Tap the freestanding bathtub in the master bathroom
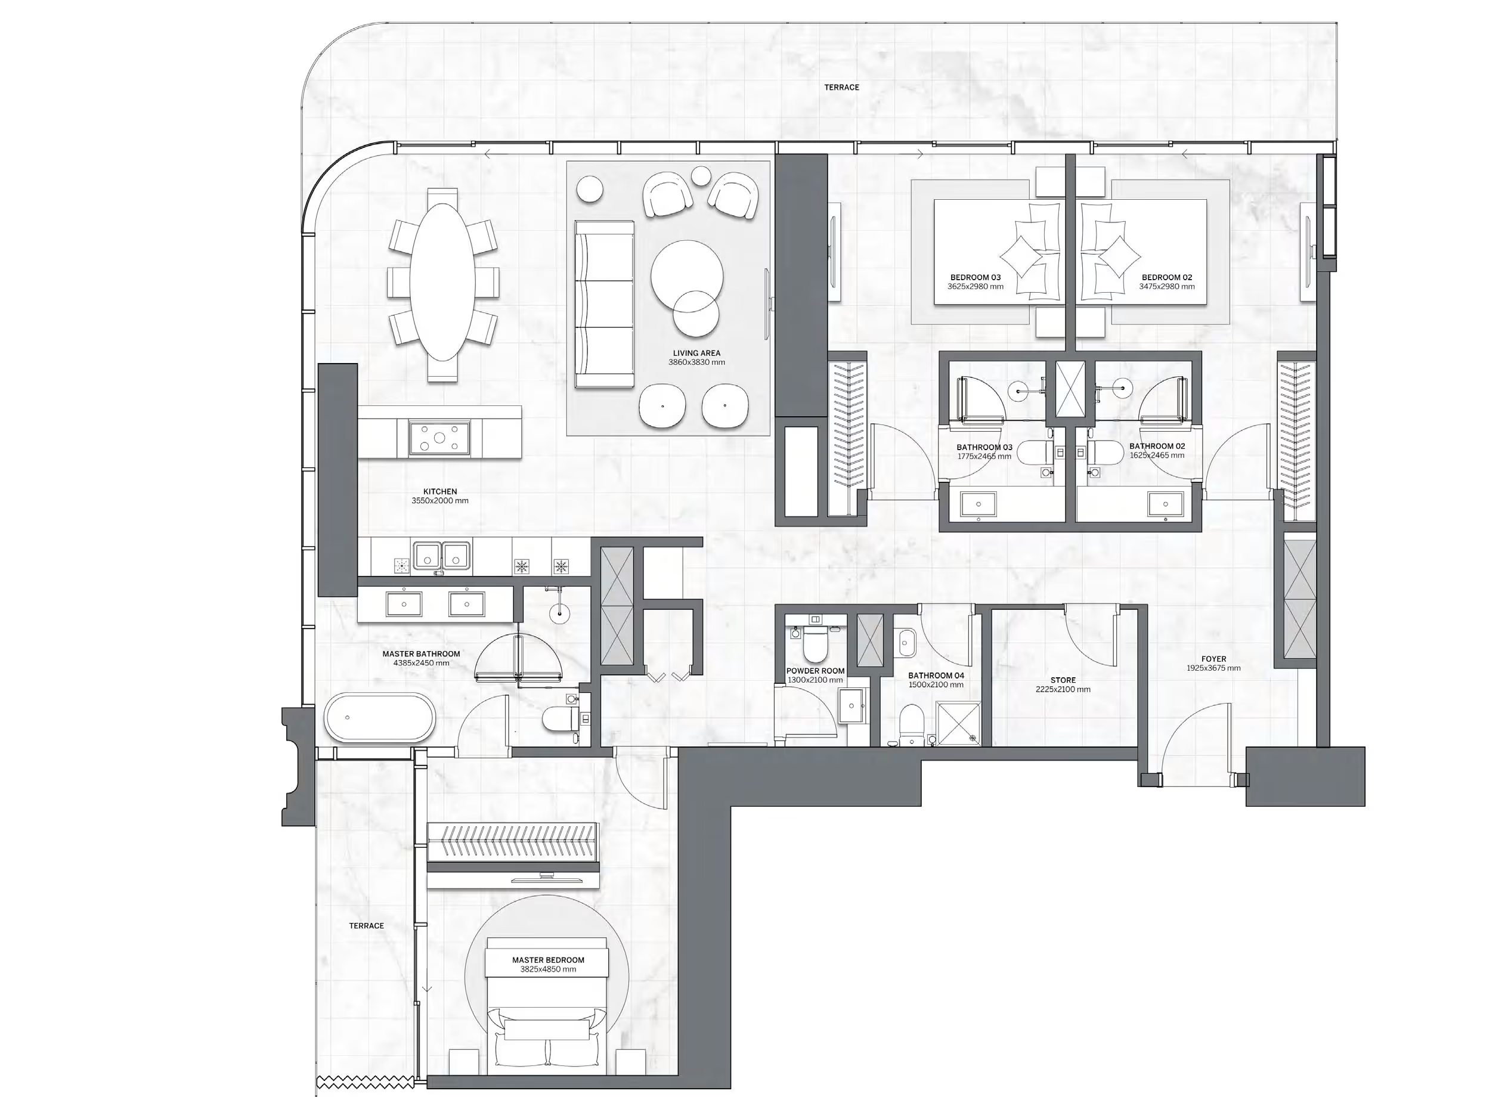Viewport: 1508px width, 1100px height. pos(379,718)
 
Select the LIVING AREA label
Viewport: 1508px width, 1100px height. pos(696,353)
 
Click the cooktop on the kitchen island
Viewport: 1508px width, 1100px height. pos(439,438)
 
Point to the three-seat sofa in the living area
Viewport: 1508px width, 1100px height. pos(604,304)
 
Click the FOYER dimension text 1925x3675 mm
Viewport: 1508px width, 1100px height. pos(1213,668)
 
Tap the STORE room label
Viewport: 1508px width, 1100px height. pos(1063,680)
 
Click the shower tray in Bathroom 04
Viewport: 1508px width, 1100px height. pos(958,723)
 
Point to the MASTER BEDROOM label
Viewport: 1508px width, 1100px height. pos(548,959)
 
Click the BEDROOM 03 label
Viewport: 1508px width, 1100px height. pos(975,277)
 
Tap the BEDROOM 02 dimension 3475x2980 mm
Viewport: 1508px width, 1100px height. pos(1166,287)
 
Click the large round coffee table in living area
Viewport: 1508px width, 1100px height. pos(686,274)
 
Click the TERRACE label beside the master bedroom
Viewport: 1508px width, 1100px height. pos(366,925)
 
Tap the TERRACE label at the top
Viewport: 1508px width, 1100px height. pos(841,87)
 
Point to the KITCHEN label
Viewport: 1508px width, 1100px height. pos(439,491)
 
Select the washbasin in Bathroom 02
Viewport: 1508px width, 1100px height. pos(1165,504)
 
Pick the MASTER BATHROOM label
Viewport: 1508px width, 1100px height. pos(421,654)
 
